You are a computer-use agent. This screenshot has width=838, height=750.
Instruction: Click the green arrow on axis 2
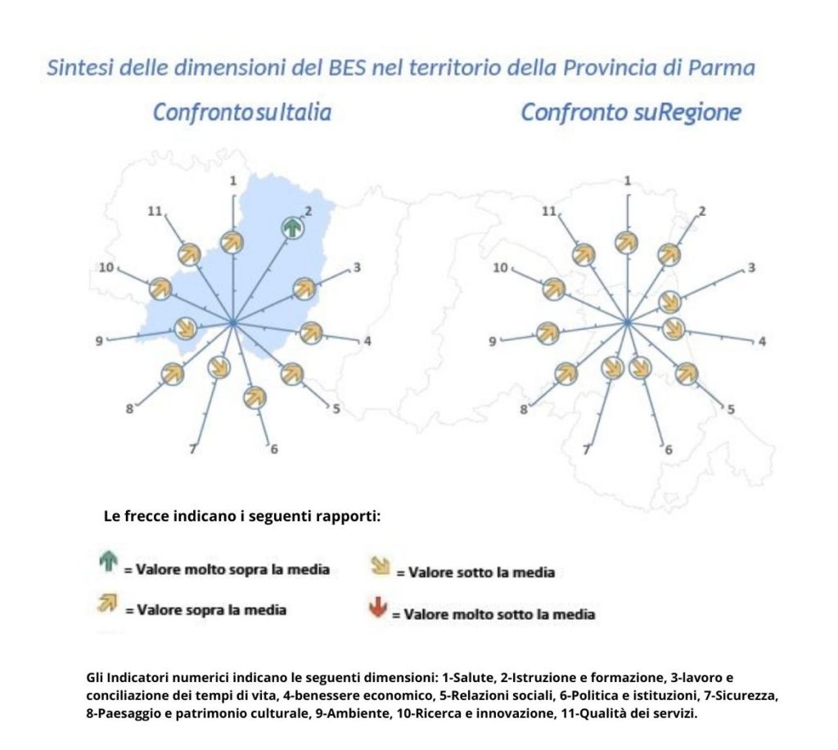[292, 228]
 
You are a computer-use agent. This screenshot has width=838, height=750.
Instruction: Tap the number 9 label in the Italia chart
[99, 341]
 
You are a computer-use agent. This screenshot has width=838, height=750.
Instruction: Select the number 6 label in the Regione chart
[668, 450]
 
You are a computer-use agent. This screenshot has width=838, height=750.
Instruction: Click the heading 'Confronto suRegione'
[630, 112]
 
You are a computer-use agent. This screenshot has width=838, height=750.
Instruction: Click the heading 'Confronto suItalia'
[242, 112]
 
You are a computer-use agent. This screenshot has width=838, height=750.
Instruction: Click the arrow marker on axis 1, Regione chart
[627, 241]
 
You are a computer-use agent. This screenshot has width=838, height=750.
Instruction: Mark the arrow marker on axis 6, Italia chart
[255, 397]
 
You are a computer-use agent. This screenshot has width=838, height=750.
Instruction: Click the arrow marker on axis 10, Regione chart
[554, 288]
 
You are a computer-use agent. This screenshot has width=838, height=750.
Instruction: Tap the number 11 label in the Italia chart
[155, 211]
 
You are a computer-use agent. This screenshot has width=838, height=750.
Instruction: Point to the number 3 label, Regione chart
[751, 267]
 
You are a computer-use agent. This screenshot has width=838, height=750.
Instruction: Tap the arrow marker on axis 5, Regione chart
[687, 373]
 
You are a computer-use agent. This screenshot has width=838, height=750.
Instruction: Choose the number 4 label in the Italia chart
[367, 341]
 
